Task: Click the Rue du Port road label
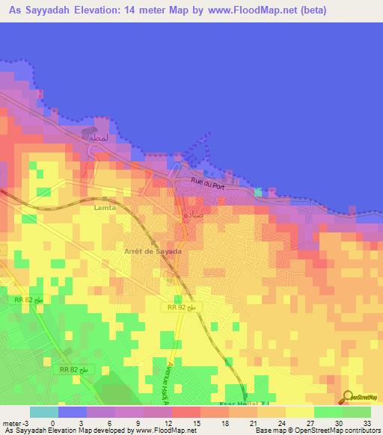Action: coord(208,184)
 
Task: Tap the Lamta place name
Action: coord(105,209)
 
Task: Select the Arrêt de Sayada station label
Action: coord(152,252)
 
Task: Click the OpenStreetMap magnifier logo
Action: coord(349,398)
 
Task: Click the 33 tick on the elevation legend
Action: coord(366,423)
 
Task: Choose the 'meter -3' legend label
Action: coord(15,423)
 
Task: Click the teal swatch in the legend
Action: coord(43,412)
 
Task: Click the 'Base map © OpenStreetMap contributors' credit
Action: coord(316,431)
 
